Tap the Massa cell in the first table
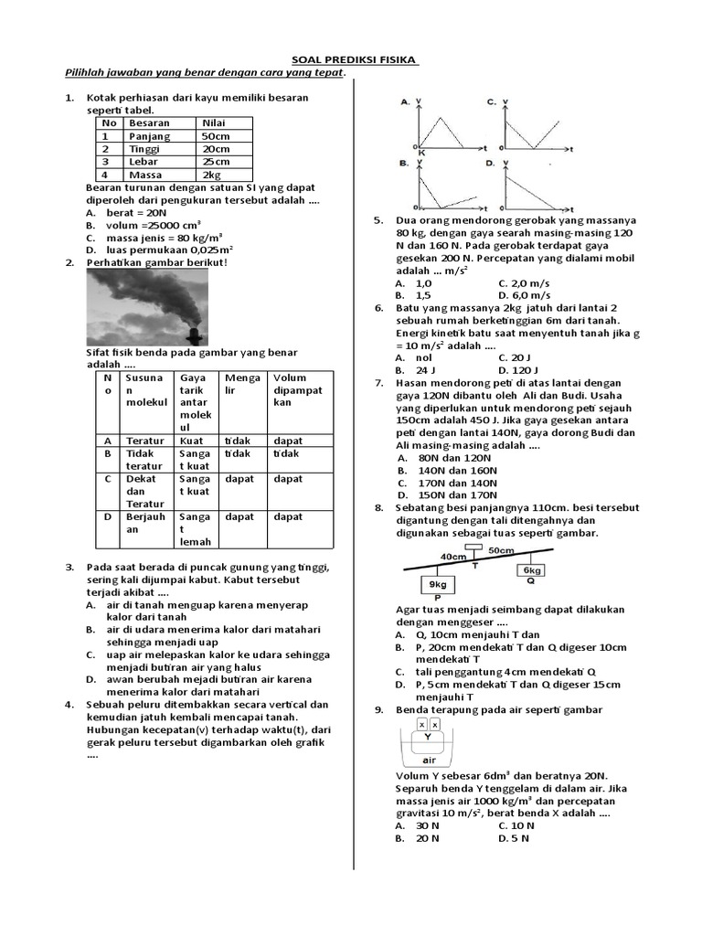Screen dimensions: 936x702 click(x=145, y=175)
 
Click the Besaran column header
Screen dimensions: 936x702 click(x=149, y=123)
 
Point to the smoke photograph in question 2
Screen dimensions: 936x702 click(x=146, y=307)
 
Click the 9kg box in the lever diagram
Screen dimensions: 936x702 click(x=437, y=583)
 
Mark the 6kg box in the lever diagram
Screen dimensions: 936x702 click(x=532, y=569)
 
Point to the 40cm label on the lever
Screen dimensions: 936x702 click(x=452, y=556)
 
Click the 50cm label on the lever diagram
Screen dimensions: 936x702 click(x=500, y=551)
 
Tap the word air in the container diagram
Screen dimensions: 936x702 click(x=428, y=760)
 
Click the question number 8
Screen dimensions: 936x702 click(x=378, y=507)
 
